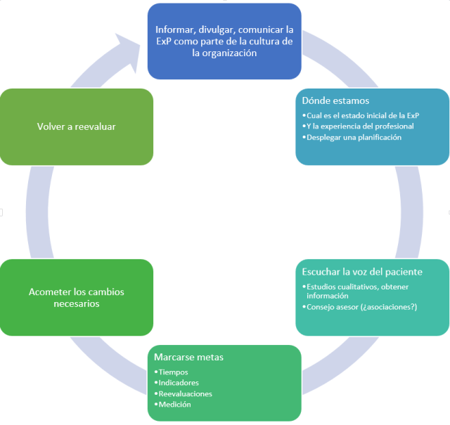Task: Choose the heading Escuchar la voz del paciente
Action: [361, 271]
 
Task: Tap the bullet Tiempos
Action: [174, 372]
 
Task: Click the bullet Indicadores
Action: [179, 383]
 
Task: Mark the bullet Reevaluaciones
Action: [184, 393]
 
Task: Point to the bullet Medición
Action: [175, 404]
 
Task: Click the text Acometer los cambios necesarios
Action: [76, 297]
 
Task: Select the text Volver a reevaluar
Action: [76, 126]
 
